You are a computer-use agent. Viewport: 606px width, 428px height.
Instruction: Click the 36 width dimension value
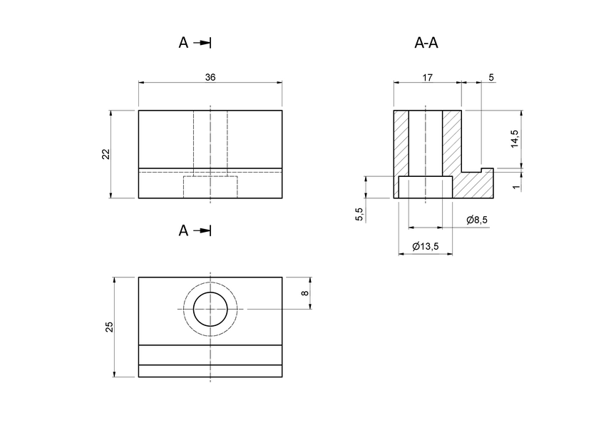[210, 77]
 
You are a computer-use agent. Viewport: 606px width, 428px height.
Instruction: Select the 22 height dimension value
[106, 154]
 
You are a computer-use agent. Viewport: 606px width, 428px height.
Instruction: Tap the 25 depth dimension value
[109, 327]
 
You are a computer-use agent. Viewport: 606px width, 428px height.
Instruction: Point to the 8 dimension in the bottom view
[304, 292]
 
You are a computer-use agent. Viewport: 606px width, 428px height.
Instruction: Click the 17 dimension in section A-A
[427, 77]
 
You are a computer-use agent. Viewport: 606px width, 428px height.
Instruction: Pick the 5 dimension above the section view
[491, 77]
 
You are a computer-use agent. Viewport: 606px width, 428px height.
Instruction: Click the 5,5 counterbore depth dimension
[359, 214]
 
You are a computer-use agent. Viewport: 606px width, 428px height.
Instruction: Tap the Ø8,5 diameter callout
[477, 220]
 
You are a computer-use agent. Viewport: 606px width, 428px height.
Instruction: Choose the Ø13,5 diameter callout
[426, 247]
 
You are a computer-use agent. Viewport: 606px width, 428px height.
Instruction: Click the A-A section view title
[426, 43]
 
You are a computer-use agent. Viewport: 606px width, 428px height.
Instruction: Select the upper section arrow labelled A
[195, 43]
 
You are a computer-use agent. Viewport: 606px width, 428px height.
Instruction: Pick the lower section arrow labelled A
[195, 230]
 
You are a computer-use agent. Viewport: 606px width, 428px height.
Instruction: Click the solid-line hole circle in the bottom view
[210, 308]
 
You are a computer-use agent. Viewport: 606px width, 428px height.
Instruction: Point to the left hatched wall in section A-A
[401, 143]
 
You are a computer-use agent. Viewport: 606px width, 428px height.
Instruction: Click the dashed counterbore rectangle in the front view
[210, 187]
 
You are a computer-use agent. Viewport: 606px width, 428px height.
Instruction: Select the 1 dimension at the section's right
[515, 186]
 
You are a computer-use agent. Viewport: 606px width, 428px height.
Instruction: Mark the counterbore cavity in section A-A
[425, 188]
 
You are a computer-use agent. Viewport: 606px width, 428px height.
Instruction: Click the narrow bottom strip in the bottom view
[210, 371]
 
